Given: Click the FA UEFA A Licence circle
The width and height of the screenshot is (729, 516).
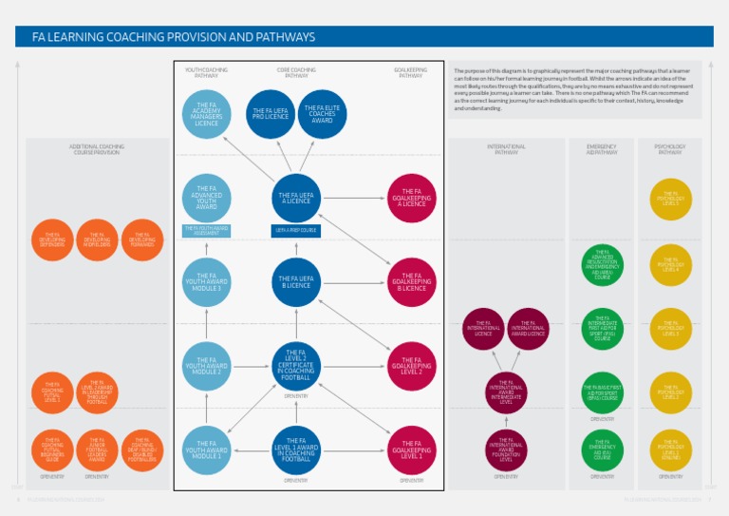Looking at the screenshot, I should pos(296,198).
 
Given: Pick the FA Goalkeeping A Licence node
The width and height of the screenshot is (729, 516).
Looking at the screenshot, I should pos(411,198).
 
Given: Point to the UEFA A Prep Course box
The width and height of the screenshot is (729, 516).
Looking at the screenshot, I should pos(296,230).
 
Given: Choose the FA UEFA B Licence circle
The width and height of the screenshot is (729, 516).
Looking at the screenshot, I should pos(296,281).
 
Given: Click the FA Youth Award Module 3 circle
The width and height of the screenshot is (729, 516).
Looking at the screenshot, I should pos(207,281).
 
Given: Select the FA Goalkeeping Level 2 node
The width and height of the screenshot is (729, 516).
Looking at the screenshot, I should pos(411,366).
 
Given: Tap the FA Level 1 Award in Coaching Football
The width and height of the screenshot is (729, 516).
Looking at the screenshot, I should pos(296,450).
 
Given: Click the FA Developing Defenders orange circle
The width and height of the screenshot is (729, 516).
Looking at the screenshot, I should pos(51,239).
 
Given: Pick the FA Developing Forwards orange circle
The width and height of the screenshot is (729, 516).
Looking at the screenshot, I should pos(142,239).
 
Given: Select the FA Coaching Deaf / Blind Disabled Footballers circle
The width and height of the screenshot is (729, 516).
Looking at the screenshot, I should pos(142,450).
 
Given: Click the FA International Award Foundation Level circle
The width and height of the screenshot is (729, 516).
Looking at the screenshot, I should pos(506,450).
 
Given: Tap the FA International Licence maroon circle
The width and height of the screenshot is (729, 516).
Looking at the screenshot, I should pos(483,329).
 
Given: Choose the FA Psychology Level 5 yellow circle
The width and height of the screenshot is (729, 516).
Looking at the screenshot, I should pos(670,198).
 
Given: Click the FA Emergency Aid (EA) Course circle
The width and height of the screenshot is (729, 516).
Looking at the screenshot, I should pos(602,450).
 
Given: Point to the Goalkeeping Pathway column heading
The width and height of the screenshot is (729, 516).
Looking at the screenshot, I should pos(410,72).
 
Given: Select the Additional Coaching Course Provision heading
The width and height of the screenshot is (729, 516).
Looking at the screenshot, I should pos(97,149).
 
